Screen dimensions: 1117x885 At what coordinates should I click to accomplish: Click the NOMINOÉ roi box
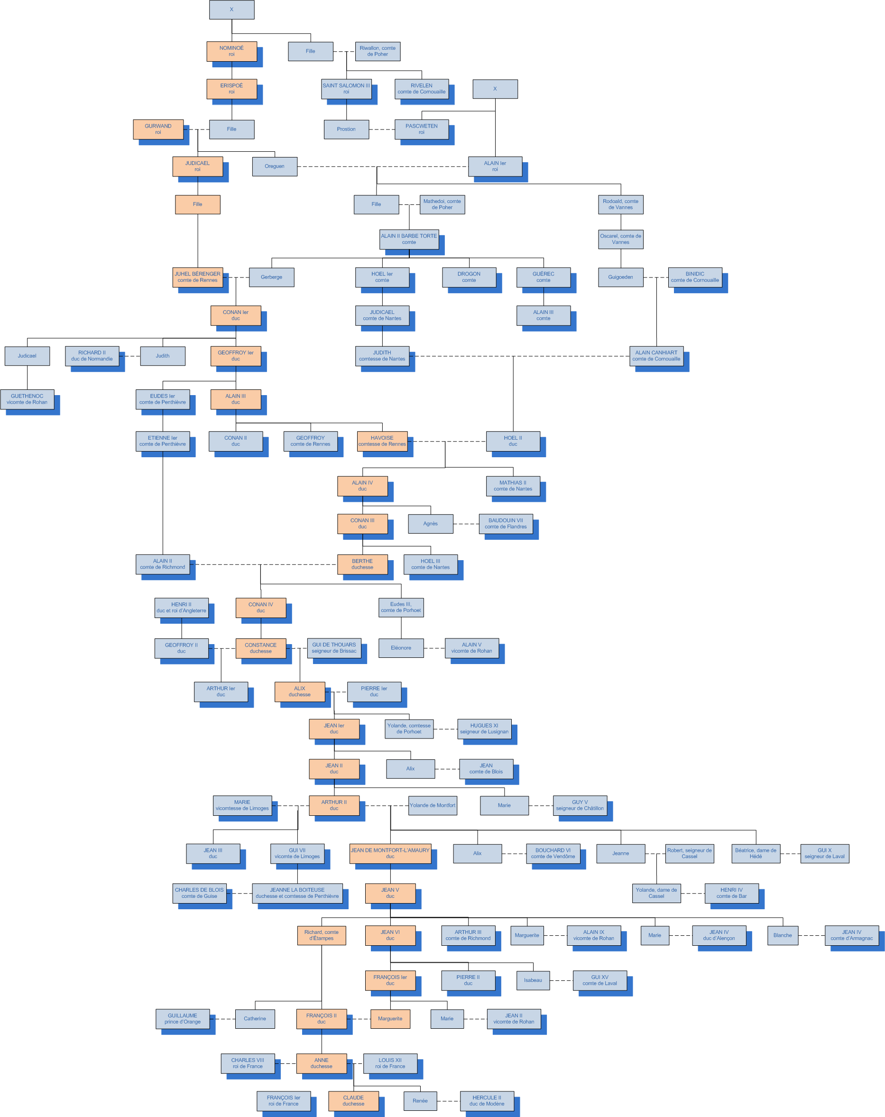(231, 51)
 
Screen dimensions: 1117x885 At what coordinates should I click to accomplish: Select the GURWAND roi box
(158, 129)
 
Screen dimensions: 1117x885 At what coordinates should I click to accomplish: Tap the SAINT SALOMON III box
(346, 89)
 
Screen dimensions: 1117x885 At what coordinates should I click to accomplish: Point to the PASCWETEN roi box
(421, 129)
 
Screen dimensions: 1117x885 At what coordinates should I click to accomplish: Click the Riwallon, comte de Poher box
(377, 51)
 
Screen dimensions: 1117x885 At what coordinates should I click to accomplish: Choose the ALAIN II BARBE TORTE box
(409, 240)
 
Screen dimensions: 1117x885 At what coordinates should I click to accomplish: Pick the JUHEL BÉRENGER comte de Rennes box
(197, 277)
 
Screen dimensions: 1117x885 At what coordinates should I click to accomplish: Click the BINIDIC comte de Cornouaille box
(695, 277)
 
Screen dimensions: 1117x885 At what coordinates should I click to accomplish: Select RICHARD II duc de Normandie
(92, 356)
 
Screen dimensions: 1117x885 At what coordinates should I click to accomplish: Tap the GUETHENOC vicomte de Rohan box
(27, 399)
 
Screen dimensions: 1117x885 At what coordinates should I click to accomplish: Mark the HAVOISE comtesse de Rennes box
(382, 442)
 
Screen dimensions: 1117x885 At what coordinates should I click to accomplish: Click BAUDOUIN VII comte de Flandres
(505, 524)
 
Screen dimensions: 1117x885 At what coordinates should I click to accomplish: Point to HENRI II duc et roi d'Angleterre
(181, 608)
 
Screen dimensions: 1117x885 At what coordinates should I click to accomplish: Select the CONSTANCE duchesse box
(261, 648)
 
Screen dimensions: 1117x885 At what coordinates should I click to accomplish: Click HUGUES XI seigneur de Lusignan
(484, 729)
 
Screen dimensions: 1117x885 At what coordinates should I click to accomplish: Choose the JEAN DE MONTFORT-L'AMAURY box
(390, 853)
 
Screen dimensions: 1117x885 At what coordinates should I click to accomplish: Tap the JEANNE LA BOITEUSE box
(297, 893)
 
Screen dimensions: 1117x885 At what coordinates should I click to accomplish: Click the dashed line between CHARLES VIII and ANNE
(286, 1063)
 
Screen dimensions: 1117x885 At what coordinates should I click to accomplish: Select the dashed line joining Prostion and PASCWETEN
(382, 129)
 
